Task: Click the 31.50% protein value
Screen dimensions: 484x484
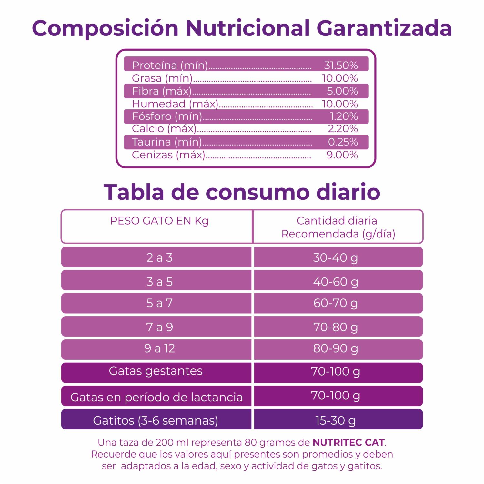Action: click(x=341, y=65)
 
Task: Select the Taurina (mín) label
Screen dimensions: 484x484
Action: click(x=167, y=142)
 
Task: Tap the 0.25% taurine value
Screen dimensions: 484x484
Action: click(x=343, y=142)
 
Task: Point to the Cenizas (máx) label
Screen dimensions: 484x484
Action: click(x=168, y=155)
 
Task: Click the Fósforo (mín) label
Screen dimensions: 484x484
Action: click(x=167, y=116)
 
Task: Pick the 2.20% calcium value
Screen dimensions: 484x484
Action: click(x=343, y=129)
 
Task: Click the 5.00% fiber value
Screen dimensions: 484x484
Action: click(x=342, y=91)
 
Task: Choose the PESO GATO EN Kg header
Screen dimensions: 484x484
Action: click(x=159, y=221)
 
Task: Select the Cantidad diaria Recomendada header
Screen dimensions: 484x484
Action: click(x=338, y=227)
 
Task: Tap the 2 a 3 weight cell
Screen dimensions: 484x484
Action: click(x=159, y=257)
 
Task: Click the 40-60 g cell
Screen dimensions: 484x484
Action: click(x=336, y=282)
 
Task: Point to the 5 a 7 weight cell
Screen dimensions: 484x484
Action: click(x=159, y=303)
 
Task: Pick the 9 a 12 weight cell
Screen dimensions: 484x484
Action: click(x=159, y=348)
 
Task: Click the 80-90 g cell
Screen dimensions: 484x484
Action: click(x=336, y=348)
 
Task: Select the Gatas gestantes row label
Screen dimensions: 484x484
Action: click(x=156, y=371)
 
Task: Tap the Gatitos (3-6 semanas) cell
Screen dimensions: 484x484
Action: click(x=156, y=420)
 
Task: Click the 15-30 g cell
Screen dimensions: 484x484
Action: click(x=336, y=420)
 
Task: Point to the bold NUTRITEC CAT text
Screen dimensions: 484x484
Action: click(x=348, y=442)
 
